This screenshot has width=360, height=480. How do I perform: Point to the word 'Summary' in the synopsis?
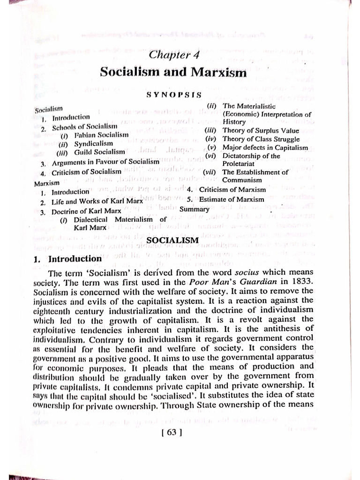pyautogui.click(x=194, y=209)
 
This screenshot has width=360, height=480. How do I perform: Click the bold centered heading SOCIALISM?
pyautogui.click(x=173, y=240)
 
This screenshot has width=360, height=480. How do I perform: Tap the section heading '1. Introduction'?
pyautogui.click(x=75, y=259)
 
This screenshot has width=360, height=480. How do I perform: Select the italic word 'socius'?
pyautogui.click(x=259, y=272)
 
